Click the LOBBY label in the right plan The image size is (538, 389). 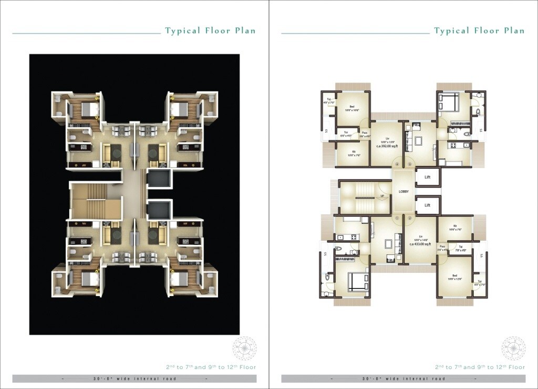(x=403, y=191)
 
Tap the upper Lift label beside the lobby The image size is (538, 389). (x=428, y=177)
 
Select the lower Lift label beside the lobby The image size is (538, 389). (x=428, y=205)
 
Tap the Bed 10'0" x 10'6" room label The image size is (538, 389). (x=352, y=108)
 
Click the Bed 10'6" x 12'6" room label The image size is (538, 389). (x=455, y=278)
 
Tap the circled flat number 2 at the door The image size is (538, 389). (x=410, y=218)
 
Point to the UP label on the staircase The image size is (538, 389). (x=382, y=196)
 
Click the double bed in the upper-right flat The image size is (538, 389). (x=449, y=101)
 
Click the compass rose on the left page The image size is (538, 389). (x=244, y=349)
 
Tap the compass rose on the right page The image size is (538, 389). (x=513, y=349)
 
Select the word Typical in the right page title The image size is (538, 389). (x=452, y=30)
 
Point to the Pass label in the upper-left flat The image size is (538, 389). (x=364, y=133)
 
